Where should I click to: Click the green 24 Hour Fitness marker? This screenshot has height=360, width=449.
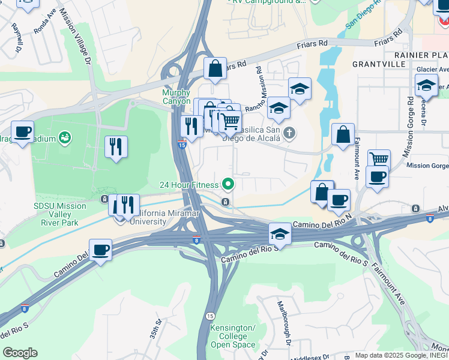[228, 184]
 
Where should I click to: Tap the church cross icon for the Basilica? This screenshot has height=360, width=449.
[289, 133]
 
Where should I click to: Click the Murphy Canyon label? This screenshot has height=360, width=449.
[176, 97]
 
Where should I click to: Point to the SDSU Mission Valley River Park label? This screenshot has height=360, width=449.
[60, 214]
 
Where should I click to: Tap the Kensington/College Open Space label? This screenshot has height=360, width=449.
[232, 336]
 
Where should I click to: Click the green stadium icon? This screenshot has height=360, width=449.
[65, 139]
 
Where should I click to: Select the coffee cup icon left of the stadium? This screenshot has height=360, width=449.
[23, 131]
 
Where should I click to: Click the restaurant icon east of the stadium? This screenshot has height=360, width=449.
[116, 146]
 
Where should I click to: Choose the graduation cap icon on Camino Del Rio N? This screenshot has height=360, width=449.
[279, 233]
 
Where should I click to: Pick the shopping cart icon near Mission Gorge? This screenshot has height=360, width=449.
[379, 160]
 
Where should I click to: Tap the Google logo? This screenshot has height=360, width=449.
[20, 353]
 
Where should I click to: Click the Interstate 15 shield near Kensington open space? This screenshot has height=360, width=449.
[209, 316]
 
